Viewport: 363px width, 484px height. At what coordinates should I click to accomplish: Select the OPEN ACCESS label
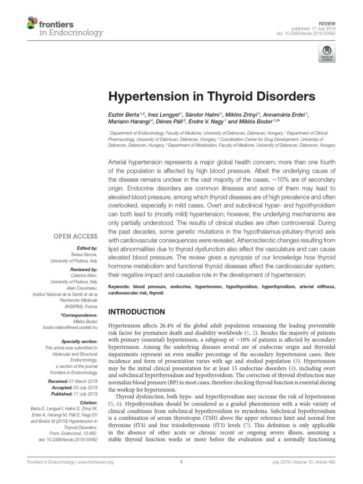tap(75, 236)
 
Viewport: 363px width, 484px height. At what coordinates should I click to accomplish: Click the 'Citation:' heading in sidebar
tap(88, 402)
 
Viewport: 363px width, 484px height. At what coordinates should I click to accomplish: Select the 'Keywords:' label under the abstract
tap(121, 286)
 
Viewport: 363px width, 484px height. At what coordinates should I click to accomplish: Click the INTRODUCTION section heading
tap(137, 312)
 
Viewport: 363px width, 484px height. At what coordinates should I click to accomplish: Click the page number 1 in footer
tap(181, 462)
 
